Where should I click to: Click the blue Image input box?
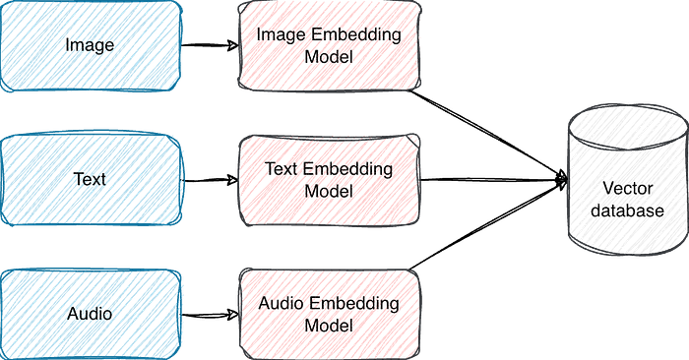coord(91,45)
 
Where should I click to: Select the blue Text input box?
coord(91,180)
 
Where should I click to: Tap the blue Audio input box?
coord(91,315)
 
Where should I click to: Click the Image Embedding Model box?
coord(329,45)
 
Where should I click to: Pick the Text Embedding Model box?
coord(329,180)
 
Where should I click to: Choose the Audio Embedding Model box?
coord(329,315)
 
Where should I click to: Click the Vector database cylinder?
coord(628,180)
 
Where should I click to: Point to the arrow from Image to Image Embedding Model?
coord(210,45)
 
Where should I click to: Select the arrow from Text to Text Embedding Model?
coord(210,180)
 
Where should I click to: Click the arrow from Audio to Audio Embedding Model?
coord(210,315)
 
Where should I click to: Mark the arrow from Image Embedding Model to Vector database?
coord(488,135)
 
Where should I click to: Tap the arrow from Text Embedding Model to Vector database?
coord(494,180)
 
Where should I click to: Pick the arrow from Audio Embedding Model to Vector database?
coord(488,225)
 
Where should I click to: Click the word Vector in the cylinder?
coord(628,188)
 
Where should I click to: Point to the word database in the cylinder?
coord(627,210)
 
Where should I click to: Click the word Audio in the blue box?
coord(90,314)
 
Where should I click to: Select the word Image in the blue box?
coord(90,45)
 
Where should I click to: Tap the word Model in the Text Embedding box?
coord(329,191)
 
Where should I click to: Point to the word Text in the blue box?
coord(90,179)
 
